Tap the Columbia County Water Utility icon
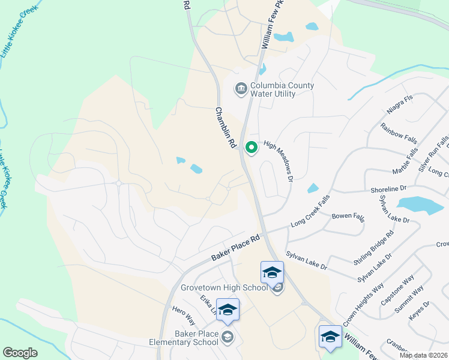pos(241,89)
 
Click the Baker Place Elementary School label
pos(184,338)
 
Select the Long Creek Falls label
pos(310,215)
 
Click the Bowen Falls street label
pos(348,217)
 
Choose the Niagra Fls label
pos(400,104)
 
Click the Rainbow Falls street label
pos(399,133)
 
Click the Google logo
pos(20,353)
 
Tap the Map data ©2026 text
pos(423,355)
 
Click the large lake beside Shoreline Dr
pos(420,205)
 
